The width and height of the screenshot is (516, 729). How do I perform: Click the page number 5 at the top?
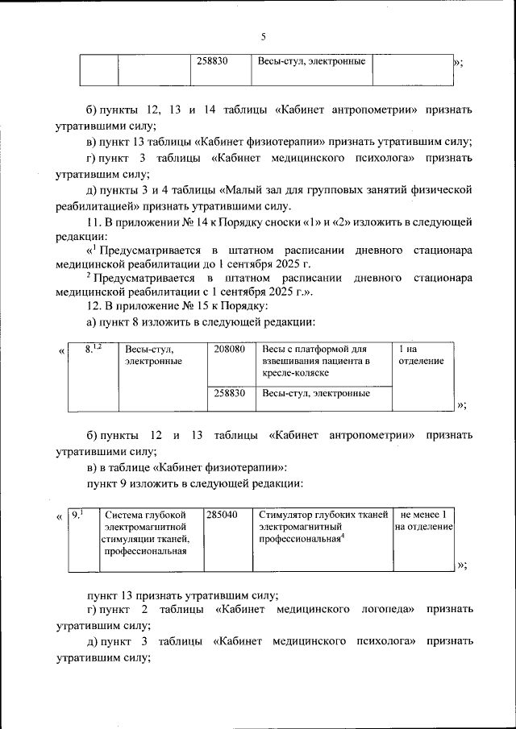click(263, 36)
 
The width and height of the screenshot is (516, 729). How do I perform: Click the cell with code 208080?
click(230, 350)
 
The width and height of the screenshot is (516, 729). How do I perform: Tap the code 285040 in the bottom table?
click(222, 513)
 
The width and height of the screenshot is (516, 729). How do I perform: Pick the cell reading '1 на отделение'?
click(421, 355)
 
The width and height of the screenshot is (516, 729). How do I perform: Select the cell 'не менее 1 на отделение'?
click(423, 520)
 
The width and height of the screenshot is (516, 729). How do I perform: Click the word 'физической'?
click(440, 189)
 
